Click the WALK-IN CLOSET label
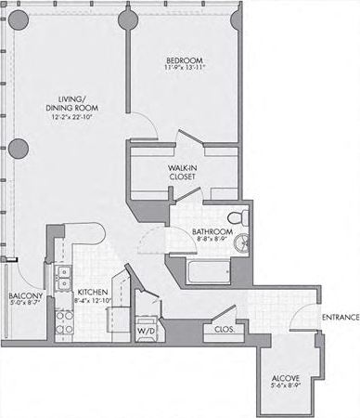click(182, 172)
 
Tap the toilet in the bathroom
click(240, 216)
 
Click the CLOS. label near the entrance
click(223, 328)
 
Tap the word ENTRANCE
click(341, 318)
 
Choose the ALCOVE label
click(284, 377)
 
